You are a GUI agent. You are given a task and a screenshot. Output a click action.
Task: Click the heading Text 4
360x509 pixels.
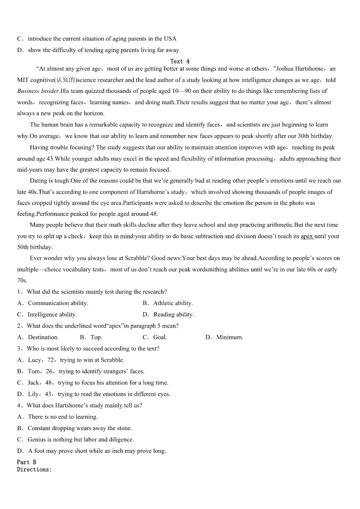coord(180,61)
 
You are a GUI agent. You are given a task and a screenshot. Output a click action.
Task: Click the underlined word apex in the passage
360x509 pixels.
coord(307,236)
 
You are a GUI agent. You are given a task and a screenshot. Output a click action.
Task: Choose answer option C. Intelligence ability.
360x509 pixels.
coord(47,315)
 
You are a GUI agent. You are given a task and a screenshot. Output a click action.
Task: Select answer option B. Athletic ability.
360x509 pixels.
coord(168,303)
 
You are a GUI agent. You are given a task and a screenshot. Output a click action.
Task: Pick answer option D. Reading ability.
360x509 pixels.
coord(168,315)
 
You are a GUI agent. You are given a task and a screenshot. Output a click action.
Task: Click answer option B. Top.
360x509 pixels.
coord(91,337)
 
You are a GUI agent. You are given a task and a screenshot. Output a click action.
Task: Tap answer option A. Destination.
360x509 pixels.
coord(38,337)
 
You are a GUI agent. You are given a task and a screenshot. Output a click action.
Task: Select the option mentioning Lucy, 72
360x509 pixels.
coord(71,360)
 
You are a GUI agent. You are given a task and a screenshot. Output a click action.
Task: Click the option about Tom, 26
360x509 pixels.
coord(81,371)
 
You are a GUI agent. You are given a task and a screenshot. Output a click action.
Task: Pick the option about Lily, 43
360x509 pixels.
coord(94,394)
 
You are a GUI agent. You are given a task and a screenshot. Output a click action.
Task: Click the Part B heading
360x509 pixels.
coord(27,462)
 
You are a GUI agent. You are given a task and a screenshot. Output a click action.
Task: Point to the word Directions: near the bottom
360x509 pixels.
coord(34,470)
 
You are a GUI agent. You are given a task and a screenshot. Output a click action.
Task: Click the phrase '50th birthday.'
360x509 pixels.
coord(35,247)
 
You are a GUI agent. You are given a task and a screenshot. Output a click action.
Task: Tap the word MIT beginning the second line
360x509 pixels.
coord(23,80)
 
